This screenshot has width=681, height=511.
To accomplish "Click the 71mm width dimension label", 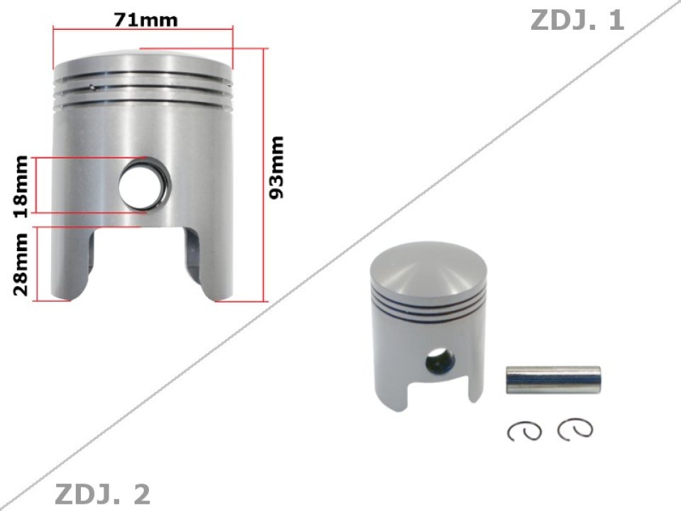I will point(145,20).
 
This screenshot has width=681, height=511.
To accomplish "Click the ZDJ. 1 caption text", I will point(577,21).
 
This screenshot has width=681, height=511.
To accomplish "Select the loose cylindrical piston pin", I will point(552,380).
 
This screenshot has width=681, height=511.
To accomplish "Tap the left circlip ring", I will point(526,430).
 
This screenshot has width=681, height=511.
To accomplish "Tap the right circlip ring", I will point(575,428).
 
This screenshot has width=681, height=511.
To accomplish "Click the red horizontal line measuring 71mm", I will point(143,30).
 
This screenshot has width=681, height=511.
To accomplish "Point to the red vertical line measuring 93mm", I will point(265,174).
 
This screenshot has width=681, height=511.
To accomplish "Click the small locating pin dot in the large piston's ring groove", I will point(93,88).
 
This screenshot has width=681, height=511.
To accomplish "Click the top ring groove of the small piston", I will point(428,297).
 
